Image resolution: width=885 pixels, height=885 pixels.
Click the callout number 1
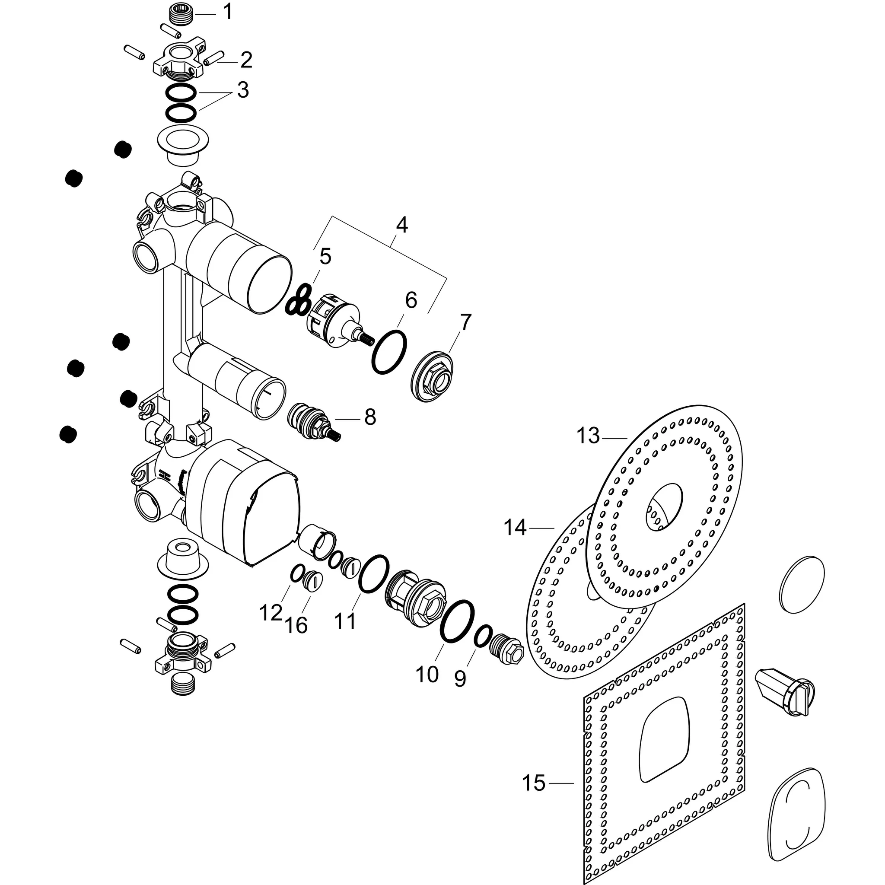(228, 13)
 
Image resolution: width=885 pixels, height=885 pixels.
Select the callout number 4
(401, 225)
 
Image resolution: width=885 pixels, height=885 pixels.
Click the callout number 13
(588, 436)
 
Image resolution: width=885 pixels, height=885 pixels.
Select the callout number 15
(534, 783)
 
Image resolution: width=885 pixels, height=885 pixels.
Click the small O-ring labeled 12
(297, 573)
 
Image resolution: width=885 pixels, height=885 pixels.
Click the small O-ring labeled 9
(482, 636)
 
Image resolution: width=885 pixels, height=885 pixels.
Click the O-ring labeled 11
(374, 574)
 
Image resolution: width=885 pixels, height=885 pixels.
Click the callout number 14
(515, 528)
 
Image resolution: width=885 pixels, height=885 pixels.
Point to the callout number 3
(243, 90)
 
